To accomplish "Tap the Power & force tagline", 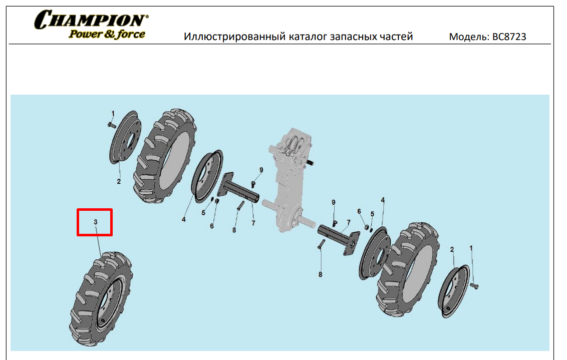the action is [x=107, y=34].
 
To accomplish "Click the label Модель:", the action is [x=469, y=37].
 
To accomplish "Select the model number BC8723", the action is [x=509, y=37].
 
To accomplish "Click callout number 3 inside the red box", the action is [x=96, y=222].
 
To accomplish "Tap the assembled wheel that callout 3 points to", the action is [x=101, y=298].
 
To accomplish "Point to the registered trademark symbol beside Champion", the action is [x=146, y=16].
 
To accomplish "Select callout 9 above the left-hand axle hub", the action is [x=261, y=170].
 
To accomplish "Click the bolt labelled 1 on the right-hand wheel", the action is [x=474, y=286].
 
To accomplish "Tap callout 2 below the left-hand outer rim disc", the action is [x=119, y=181].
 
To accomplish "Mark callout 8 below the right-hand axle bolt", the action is [x=320, y=275].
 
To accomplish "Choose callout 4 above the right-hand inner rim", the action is [x=383, y=200].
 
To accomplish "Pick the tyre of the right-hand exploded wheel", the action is [x=408, y=270].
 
